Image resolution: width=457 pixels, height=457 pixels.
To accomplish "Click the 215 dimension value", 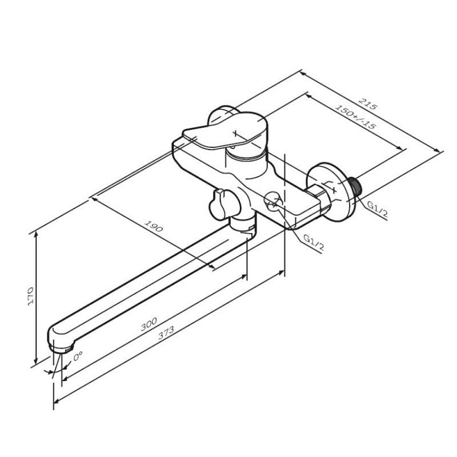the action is [368, 104].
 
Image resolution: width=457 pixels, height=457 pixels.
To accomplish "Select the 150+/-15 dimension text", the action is [355, 117].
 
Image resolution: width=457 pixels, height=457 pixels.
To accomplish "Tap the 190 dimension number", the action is [154, 226].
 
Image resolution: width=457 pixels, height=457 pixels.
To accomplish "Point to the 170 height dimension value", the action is [30, 296].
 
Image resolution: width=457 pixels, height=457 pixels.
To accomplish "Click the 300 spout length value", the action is [149, 324].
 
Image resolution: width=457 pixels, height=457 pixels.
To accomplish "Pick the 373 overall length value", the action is [166, 332].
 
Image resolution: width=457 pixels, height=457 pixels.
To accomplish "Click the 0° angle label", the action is [78, 356].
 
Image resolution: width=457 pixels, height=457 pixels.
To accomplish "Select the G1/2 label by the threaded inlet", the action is [378, 209].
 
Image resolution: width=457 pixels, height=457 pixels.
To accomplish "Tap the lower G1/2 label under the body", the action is [314, 242].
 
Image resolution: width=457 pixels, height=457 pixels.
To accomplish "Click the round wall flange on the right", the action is [332, 193].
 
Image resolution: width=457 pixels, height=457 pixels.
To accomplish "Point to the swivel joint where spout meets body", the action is [242, 225].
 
